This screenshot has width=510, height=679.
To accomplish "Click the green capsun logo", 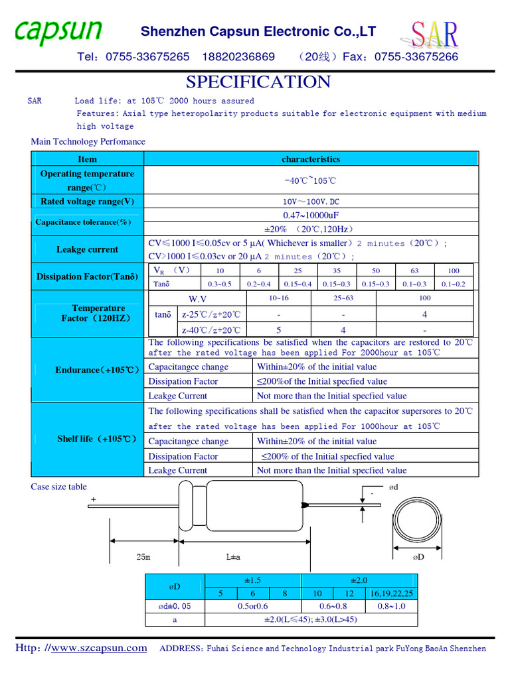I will pyautogui.click(x=59, y=31).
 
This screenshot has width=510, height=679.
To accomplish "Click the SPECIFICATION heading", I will pyautogui.click(x=258, y=82).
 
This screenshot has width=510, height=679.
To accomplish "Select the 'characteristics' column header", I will pyautogui.click(x=310, y=159).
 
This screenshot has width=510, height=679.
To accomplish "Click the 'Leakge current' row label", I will pyautogui.click(x=87, y=250).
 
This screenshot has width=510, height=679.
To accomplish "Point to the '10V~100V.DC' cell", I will pyautogui.click(x=310, y=202).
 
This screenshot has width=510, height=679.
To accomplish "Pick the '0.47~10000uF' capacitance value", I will pyautogui.click(x=310, y=216).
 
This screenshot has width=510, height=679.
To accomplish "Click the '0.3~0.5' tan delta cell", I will pyautogui.click(x=220, y=284).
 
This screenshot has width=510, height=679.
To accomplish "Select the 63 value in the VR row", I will pyautogui.click(x=415, y=271).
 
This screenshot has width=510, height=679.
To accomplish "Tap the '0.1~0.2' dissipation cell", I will pyautogui.click(x=454, y=284).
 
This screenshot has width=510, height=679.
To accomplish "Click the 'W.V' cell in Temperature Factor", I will pyautogui.click(x=198, y=300).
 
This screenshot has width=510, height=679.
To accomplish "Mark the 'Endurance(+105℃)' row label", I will pyautogui.click(x=97, y=370).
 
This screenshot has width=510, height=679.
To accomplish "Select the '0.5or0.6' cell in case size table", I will pyautogui.click(x=253, y=606).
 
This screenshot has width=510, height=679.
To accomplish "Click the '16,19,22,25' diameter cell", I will pyautogui.click(x=392, y=593).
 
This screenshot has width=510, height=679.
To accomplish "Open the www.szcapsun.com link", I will pyautogui.click(x=99, y=648).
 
